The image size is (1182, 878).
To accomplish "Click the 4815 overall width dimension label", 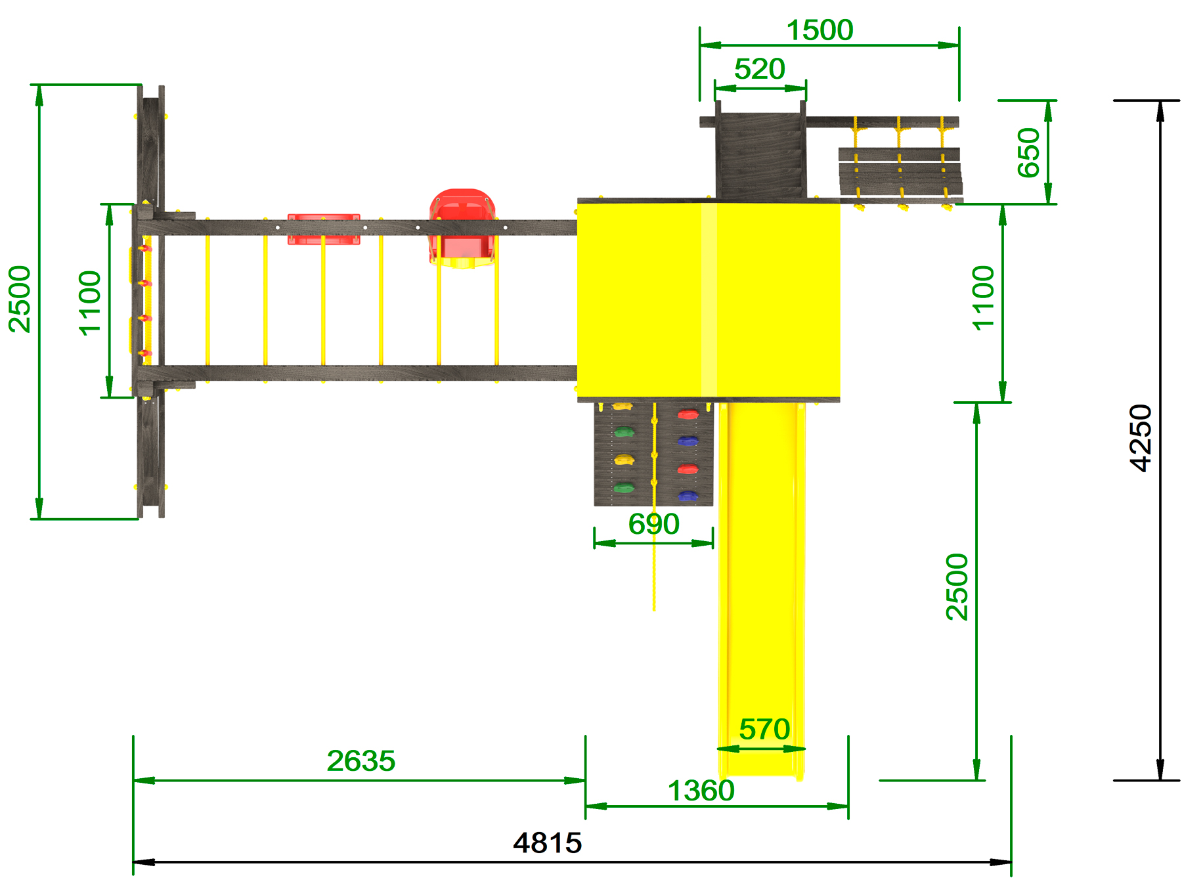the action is click(x=548, y=843).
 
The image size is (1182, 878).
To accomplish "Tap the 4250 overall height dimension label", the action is click(x=1141, y=438).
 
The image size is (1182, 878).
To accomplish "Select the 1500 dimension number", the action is click(x=820, y=30).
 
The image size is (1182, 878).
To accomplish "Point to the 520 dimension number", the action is click(x=760, y=69).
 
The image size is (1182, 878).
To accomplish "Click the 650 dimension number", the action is click(x=1029, y=152).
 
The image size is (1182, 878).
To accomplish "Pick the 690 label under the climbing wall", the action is click(x=653, y=524).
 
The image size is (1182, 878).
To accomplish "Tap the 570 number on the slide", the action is click(x=764, y=729).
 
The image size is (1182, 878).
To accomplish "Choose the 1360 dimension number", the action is click(x=701, y=791).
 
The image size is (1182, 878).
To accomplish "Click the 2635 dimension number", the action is click(x=361, y=761).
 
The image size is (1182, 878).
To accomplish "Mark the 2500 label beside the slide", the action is click(x=957, y=587).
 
